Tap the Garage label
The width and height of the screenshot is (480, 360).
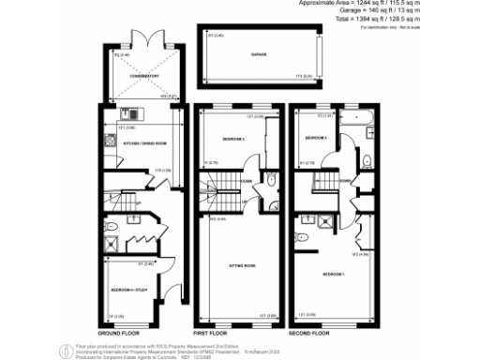click(x=259, y=55)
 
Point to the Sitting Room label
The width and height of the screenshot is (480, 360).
click(x=242, y=266)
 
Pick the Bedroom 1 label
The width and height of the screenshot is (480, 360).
click(x=335, y=274)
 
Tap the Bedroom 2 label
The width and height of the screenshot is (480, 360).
click(x=233, y=139)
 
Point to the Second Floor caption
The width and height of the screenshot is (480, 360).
click(x=310, y=333)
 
